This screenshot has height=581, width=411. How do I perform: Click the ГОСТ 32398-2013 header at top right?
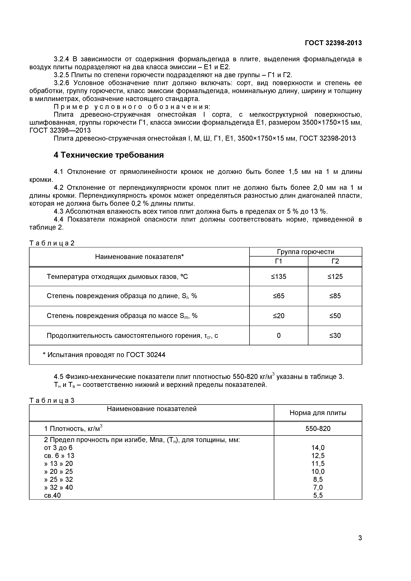(333, 43)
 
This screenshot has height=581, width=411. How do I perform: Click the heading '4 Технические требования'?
(109, 155)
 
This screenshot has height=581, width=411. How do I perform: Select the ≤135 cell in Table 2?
(279, 277)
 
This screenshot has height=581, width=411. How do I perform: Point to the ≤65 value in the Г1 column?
(279, 296)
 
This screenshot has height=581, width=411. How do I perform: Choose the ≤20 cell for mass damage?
(279, 316)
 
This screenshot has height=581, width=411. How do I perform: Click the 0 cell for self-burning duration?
(279, 336)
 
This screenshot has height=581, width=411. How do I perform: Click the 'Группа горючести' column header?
(305, 252)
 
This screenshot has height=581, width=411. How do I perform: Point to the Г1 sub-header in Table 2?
(279, 261)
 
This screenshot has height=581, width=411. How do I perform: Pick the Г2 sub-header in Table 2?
(335, 261)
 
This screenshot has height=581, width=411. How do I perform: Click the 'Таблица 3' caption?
(52, 401)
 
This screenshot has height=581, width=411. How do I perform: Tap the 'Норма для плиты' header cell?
(318, 413)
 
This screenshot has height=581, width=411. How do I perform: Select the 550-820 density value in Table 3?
(318, 429)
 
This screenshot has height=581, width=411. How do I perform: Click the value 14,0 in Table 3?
(318, 448)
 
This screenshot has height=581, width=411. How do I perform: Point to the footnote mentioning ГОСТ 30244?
(104, 355)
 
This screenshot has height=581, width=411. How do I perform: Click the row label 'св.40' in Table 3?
(52, 496)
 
